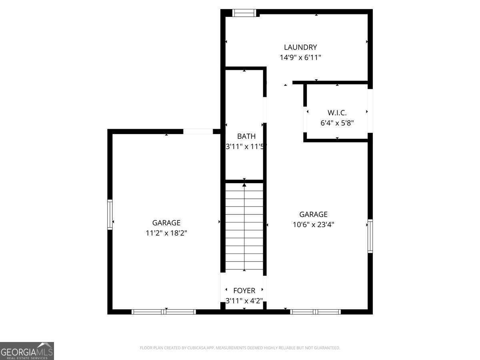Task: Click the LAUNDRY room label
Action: (x=300, y=47)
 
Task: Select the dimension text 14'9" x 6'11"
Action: (x=300, y=58)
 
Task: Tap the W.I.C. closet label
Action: (x=337, y=113)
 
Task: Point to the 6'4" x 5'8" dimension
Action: (x=337, y=123)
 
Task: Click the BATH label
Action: (x=246, y=136)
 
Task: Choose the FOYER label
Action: (x=244, y=291)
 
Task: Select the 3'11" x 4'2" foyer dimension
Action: (x=244, y=301)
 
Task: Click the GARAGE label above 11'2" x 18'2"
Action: (x=166, y=223)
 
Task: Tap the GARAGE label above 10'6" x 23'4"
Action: (x=313, y=214)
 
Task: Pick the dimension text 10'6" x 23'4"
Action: (x=313, y=225)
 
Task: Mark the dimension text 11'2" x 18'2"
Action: (x=166, y=233)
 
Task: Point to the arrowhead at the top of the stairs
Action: (x=244, y=185)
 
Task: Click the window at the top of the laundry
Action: (x=244, y=13)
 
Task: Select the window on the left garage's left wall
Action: (x=110, y=215)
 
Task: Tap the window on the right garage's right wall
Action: (x=370, y=236)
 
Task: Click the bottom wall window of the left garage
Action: (x=164, y=312)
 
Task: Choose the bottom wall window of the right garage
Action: (x=315, y=312)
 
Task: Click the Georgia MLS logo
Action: (x=27, y=351)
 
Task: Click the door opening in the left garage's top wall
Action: (x=198, y=132)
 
